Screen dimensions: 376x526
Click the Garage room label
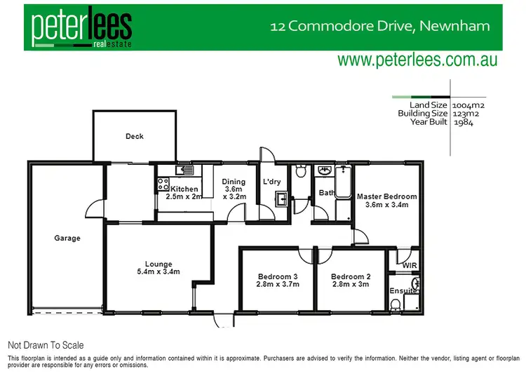coord(67,238)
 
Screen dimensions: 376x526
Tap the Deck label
coord(135,136)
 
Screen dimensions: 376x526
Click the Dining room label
coord(234,182)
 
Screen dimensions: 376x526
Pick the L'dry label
coord(271,182)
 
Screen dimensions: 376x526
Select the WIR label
coord(410,265)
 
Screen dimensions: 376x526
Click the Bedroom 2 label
coord(349,276)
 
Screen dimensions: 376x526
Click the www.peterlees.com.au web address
coord(417,60)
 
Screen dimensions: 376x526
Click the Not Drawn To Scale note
coord(46,345)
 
